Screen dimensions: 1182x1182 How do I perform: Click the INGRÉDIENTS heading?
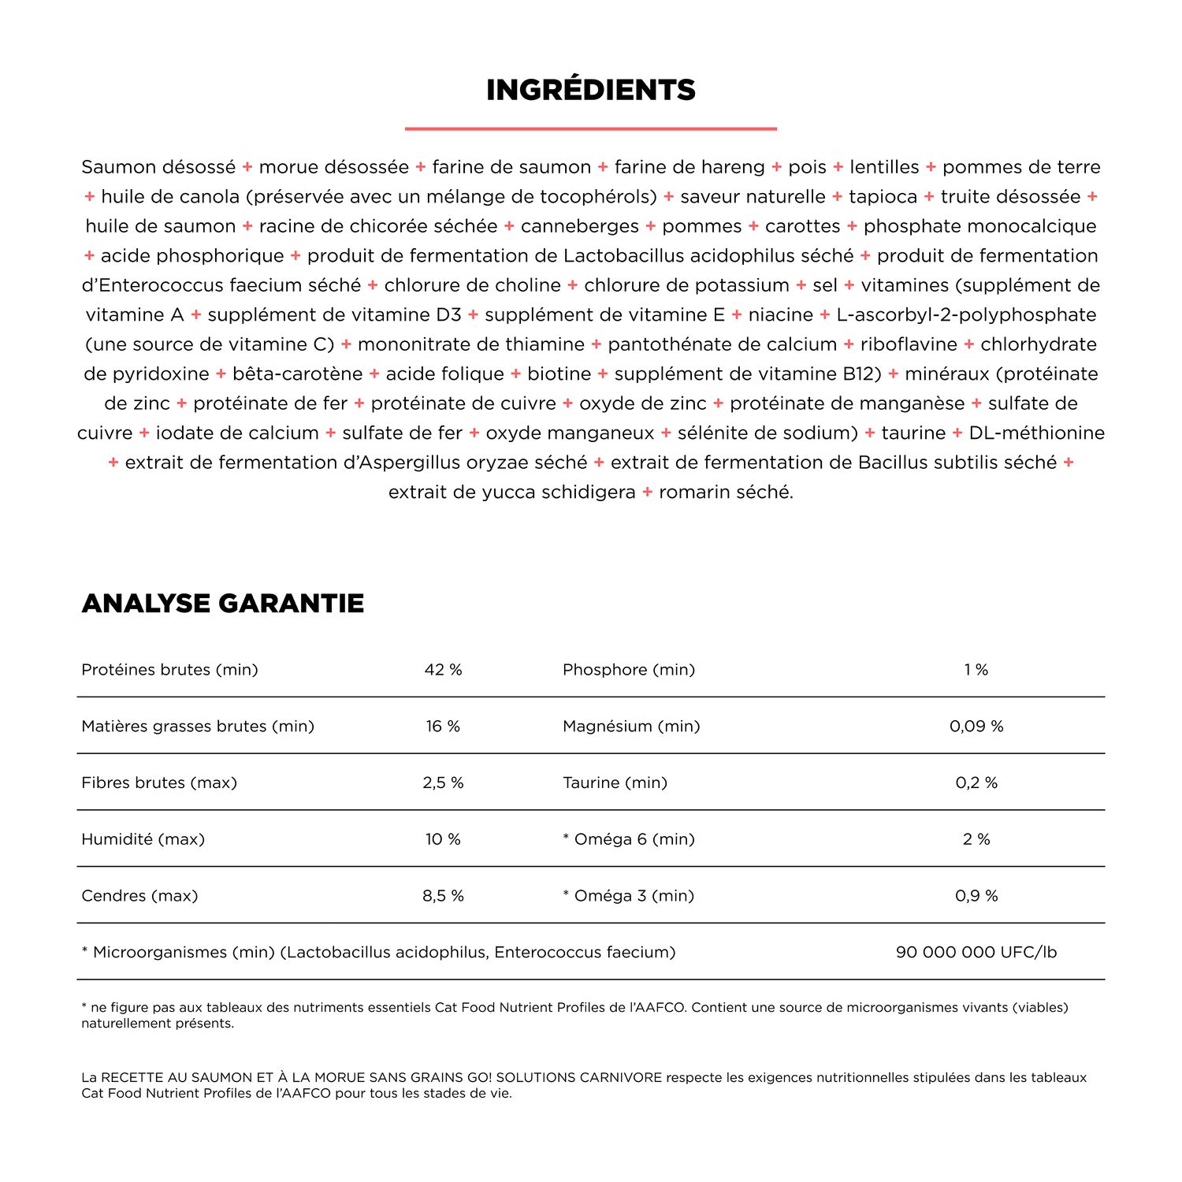point(591,90)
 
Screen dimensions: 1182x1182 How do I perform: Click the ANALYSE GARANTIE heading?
point(222,604)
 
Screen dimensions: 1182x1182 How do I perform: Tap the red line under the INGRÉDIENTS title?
point(591,128)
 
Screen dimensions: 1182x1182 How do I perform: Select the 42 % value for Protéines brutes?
point(443,670)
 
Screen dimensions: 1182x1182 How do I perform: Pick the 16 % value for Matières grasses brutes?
point(443,727)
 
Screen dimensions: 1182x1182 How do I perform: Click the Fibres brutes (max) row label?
point(159,783)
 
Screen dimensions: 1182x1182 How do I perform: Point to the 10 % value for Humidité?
point(443,839)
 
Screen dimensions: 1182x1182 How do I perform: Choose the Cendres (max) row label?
point(139,896)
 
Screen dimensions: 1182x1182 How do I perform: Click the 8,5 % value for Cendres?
point(443,896)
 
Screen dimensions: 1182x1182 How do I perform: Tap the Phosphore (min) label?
point(629,670)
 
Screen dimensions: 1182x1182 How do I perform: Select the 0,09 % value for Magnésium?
point(976,727)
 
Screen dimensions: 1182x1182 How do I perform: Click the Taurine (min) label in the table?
point(615,783)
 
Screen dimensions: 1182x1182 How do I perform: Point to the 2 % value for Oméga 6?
point(976,839)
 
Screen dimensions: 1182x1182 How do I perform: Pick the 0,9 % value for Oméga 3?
point(976,896)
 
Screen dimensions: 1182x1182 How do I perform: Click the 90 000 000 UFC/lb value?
point(976,953)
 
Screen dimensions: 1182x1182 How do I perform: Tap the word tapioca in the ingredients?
point(883,197)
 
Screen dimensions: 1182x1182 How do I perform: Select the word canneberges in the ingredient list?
point(580,227)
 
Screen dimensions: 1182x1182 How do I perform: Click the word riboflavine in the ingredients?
point(909,344)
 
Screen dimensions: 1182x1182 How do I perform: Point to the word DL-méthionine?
point(1037,433)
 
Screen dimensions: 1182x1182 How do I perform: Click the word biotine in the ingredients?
point(559,374)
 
